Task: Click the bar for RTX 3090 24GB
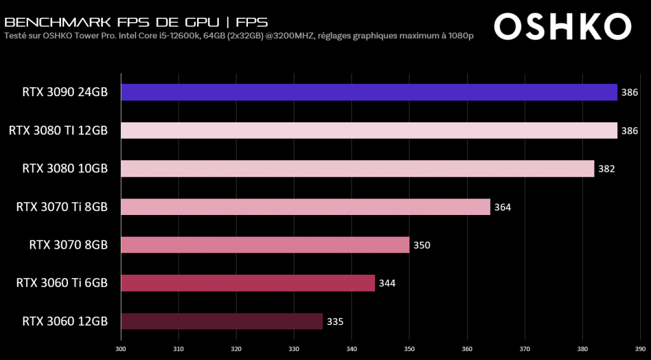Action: [x=369, y=92]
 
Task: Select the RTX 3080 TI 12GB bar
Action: [x=369, y=130]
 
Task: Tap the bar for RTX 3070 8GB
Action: [x=265, y=245]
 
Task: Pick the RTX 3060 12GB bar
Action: [x=222, y=321]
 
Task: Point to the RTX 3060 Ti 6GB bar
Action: [x=248, y=283]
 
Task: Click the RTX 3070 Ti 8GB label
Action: [x=62, y=207]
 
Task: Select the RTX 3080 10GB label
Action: [x=65, y=169]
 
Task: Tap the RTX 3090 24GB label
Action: [x=65, y=92]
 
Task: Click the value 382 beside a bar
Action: [x=606, y=169]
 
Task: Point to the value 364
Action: [x=502, y=207]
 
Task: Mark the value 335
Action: [x=335, y=321]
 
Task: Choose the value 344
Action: [x=387, y=283]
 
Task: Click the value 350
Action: [x=421, y=245]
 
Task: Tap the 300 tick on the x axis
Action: [x=121, y=349]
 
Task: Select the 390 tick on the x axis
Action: [x=640, y=349]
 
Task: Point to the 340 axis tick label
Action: [x=352, y=349]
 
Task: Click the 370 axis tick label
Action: [x=524, y=349]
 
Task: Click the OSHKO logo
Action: [x=562, y=27]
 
